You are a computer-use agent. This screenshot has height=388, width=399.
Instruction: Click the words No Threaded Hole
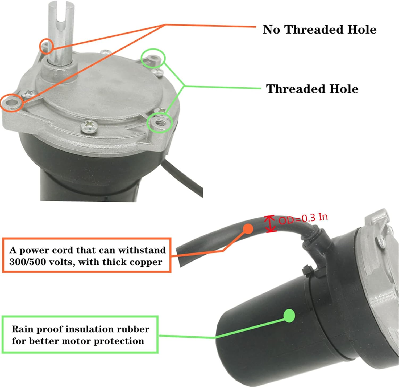coord(319,30)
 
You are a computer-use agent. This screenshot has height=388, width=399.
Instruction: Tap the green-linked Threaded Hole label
coord(312,89)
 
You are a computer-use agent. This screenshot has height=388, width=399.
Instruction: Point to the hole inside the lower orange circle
coord(12,102)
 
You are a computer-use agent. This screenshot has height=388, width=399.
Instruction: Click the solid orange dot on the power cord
coord(248,229)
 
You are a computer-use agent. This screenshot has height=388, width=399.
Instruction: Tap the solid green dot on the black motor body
coord(289,316)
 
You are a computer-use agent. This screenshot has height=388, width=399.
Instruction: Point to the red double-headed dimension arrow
coord(270,224)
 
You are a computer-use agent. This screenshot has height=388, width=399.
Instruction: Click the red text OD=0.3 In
coord(303,219)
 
